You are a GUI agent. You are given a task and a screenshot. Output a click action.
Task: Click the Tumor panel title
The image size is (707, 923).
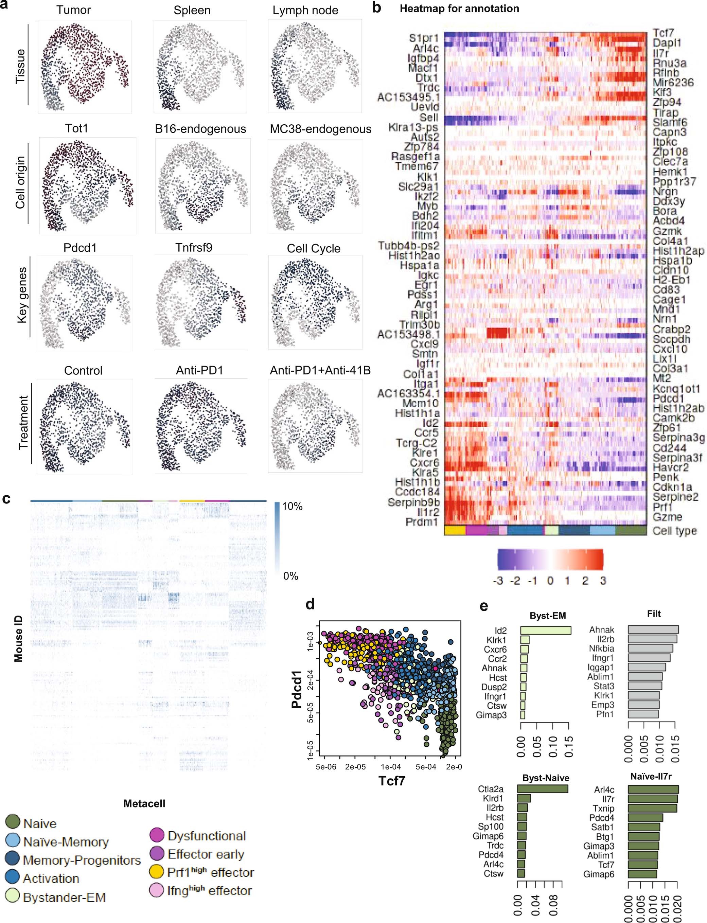pos(73,10)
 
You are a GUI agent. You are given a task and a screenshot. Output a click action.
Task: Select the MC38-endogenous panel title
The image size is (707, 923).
pos(320,129)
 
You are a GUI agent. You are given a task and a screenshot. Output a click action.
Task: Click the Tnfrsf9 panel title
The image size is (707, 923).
pos(194,247)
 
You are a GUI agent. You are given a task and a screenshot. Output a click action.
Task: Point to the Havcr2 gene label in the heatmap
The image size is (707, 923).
pos(670,467)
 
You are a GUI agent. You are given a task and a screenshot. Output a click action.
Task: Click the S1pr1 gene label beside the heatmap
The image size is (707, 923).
pos(423,38)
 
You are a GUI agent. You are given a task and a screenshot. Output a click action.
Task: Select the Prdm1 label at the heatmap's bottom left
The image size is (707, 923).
pos(422,522)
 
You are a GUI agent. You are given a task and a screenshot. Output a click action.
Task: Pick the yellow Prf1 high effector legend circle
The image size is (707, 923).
pos(157,872)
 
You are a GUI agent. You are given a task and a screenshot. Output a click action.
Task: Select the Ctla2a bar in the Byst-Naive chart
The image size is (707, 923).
pos(543,789)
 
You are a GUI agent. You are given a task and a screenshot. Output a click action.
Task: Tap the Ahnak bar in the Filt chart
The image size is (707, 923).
pos(653,630)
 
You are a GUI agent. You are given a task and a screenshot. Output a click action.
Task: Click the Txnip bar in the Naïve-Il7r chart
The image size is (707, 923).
pos(652,808)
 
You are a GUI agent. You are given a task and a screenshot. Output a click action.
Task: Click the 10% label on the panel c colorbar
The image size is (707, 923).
pos(292,506)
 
